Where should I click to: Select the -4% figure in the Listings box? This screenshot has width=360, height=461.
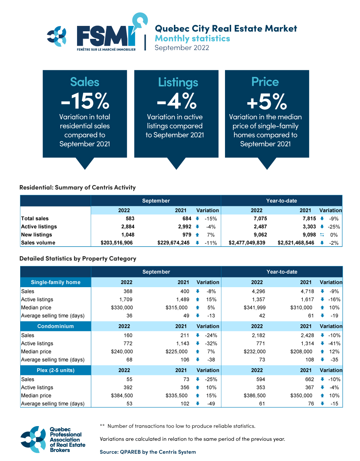[x=176, y=101]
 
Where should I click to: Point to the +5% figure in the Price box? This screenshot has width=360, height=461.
[x=267, y=101]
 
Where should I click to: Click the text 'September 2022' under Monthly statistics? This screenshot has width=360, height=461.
[x=182, y=48]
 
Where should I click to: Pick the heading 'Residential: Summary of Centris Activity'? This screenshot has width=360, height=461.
[x=77, y=187]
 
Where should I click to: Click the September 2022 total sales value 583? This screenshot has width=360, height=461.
[x=130, y=218]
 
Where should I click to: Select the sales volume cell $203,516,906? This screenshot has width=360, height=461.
[x=117, y=243]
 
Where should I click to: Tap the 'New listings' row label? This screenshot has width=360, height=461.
[x=37, y=235]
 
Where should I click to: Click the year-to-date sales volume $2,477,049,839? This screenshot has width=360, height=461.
[x=247, y=243]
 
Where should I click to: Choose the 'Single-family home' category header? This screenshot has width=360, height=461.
[x=56, y=283]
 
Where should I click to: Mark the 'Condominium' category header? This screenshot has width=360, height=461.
[x=55, y=326]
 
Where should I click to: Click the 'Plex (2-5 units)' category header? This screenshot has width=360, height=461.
[x=55, y=370]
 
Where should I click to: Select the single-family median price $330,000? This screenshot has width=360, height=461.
[x=122, y=308]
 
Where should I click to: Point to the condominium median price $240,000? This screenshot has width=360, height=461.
[x=122, y=352]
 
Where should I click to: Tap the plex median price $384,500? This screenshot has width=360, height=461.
[x=122, y=396]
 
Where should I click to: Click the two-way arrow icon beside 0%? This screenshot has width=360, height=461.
[x=322, y=235]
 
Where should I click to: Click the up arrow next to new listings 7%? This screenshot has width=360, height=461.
[x=197, y=235]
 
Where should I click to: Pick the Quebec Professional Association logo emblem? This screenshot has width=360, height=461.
[x=33, y=439]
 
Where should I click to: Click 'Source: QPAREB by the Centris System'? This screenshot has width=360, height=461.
[x=148, y=452]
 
